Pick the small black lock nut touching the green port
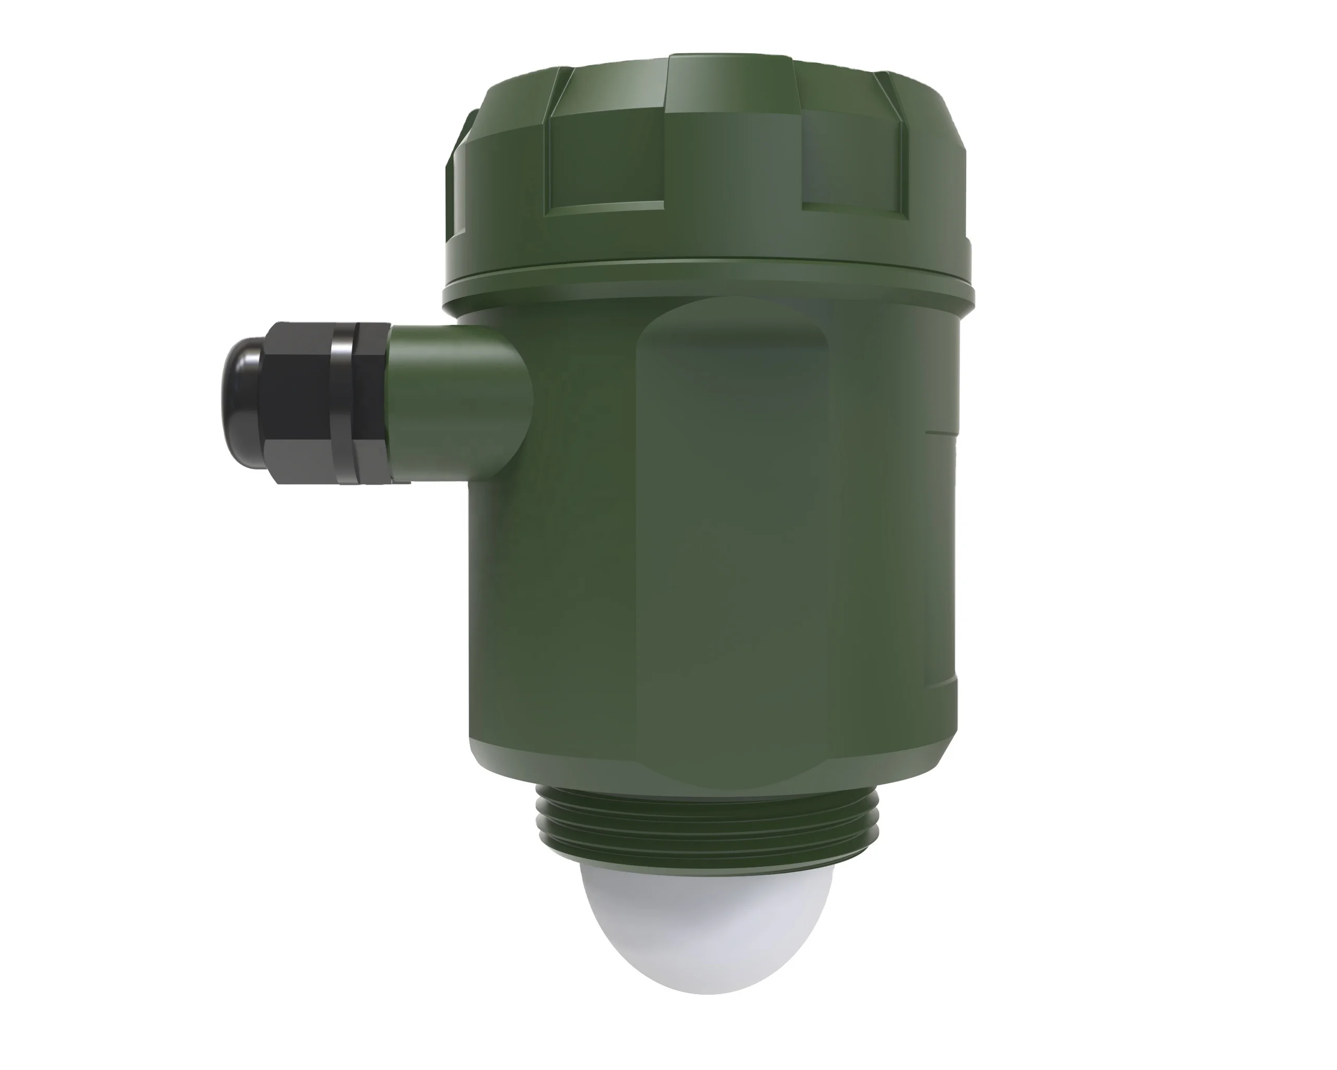(x=372, y=403)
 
